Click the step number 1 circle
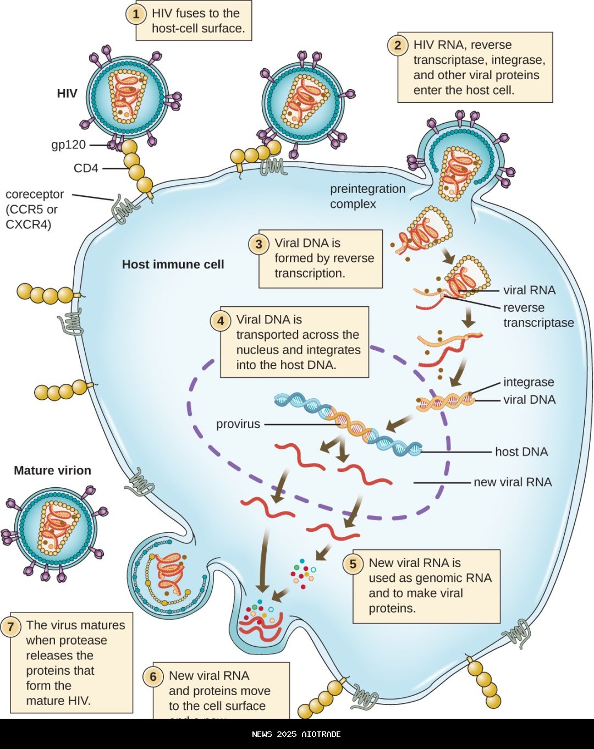[136, 14]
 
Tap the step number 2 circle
[398, 45]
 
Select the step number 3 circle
[258, 244]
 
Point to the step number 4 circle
[221, 320]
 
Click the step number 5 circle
[353, 564]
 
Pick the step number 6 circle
[153, 676]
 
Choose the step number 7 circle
[10, 626]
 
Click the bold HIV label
[67, 93]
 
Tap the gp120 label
[69, 145]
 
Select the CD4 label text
[86, 168]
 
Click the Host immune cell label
[173, 265]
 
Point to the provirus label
[238, 424]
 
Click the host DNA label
[521, 452]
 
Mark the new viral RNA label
[513, 482]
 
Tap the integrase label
[529, 382]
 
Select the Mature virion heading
[52, 471]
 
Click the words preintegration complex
[367, 196]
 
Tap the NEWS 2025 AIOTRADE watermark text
[296, 734]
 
